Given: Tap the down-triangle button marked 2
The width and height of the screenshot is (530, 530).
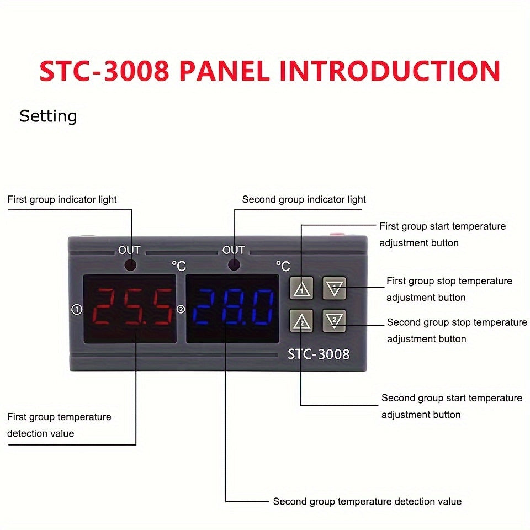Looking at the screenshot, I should [335, 320].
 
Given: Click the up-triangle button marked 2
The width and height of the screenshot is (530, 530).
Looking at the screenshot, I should [301, 320].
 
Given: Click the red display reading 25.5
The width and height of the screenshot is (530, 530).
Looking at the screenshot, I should [130, 308].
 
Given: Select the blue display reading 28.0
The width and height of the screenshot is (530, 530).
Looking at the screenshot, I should [233, 308].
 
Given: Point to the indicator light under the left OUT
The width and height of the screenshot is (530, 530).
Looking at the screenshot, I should [131, 265].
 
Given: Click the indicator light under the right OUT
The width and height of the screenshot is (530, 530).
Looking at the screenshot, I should [234, 265].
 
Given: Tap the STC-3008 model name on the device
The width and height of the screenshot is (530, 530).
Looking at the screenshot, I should [319, 354].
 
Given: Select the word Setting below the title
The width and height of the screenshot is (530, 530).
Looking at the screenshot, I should [48, 116].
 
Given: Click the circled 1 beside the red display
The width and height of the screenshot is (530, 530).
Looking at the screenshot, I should [77, 310].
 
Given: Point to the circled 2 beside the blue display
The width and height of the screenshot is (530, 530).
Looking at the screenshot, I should [181, 310].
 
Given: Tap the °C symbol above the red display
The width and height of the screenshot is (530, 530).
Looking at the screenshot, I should [179, 266].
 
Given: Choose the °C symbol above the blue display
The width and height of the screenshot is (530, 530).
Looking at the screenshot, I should [283, 266].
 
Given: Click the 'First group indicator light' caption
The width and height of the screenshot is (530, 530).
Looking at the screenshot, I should [62, 199].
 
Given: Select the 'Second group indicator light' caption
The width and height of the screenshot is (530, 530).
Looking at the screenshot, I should [304, 199].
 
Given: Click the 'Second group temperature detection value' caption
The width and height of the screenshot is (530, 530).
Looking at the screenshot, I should [367, 501].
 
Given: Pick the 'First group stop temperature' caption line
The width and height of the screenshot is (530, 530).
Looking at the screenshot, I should [449, 281].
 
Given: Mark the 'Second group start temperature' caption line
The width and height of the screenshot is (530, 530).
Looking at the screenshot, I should [452, 398].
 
